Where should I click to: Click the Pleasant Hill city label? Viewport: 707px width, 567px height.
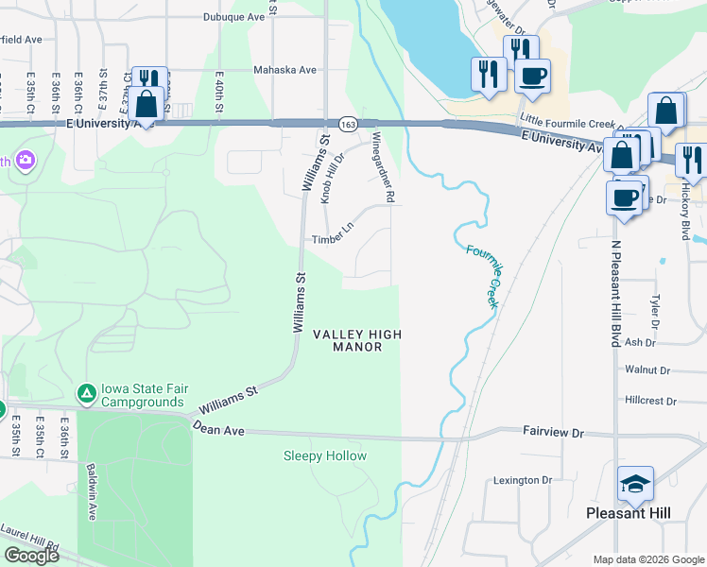click(628, 512)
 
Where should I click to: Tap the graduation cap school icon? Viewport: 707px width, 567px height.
click(635, 485)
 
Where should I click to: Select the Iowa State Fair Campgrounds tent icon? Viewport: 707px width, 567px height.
click(86, 392)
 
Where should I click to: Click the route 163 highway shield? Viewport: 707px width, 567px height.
click(347, 124)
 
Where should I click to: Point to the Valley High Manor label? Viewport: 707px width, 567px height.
click(357, 340)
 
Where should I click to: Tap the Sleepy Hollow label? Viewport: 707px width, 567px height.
click(325, 456)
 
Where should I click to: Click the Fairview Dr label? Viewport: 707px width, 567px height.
click(554, 431)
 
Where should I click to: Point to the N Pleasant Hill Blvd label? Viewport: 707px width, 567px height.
click(614, 293)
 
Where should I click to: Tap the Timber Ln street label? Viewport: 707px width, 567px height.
click(333, 240)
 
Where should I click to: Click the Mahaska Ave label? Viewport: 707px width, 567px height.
click(285, 70)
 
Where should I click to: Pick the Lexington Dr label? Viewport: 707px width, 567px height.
click(523, 481)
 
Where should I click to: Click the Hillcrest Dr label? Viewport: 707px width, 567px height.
click(651, 401)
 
